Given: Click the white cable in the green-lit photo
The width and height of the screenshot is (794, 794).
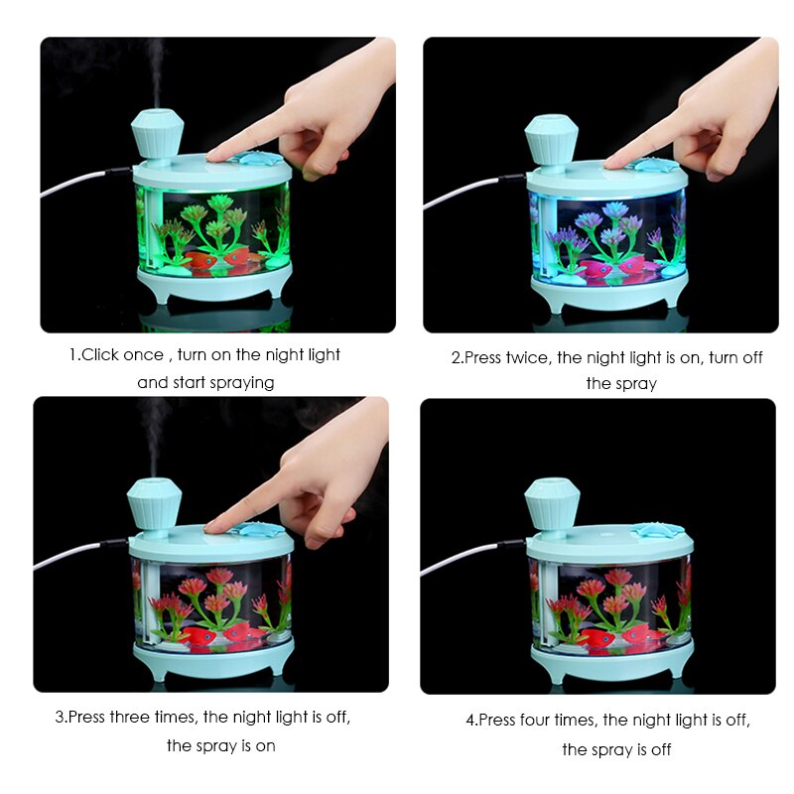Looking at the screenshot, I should [74, 184].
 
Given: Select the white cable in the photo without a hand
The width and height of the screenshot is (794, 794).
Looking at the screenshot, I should [462, 561].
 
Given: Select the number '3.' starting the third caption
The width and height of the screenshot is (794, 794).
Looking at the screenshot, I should [61, 718].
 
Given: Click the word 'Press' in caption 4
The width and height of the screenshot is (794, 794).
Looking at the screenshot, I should [501, 721].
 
